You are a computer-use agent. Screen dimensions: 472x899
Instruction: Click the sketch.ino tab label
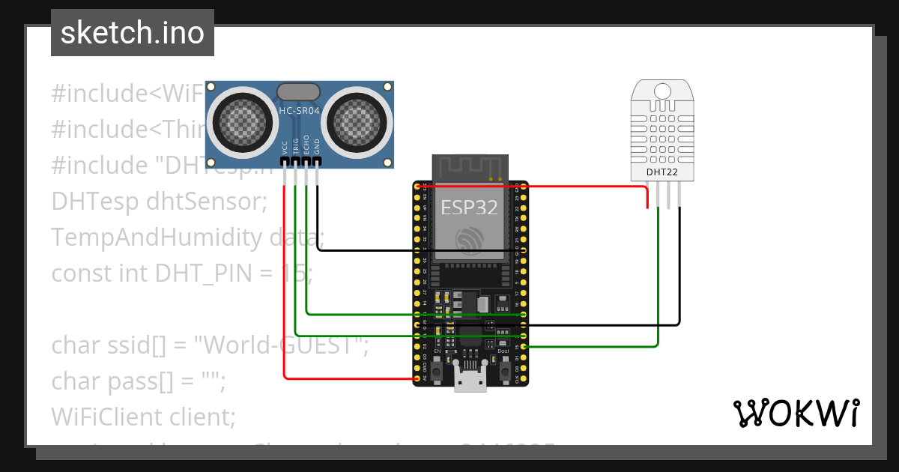[133, 33]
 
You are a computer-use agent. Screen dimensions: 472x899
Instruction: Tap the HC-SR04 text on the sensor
[300, 111]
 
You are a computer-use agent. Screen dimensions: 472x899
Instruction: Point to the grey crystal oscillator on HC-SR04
[300, 91]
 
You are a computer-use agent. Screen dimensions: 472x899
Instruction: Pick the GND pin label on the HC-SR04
[317, 146]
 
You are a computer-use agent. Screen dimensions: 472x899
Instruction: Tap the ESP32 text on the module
[470, 208]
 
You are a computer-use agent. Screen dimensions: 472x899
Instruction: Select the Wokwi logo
[796, 413]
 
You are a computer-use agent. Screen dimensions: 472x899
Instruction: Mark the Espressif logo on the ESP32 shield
[470, 239]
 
